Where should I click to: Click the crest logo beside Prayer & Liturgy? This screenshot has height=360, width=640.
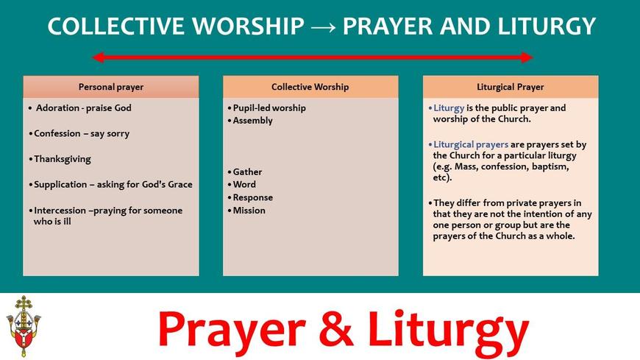(x=24, y=326)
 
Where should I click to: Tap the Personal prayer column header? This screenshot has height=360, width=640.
(x=111, y=87)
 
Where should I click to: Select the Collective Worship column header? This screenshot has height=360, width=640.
(x=310, y=87)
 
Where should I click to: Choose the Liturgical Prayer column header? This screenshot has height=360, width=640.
(x=511, y=87)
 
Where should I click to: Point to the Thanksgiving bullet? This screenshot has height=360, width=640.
(x=62, y=159)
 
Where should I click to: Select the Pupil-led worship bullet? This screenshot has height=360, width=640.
(x=267, y=108)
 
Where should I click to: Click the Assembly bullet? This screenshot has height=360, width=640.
(x=250, y=121)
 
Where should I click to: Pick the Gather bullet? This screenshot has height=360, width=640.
(x=245, y=172)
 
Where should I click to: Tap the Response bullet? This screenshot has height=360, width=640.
(x=250, y=198)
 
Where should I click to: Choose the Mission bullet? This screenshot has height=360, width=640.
(x=246, y=211)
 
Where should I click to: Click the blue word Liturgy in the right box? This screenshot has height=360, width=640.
(x=449, y=108)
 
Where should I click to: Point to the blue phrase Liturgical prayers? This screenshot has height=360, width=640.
(x=471, y=144)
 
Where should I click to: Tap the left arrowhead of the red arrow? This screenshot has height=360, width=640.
(x=97, y=57)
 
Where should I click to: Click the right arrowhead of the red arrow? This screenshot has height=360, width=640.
(x=527, y=57)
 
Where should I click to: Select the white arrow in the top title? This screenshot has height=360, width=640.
(x=323, y=27)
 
